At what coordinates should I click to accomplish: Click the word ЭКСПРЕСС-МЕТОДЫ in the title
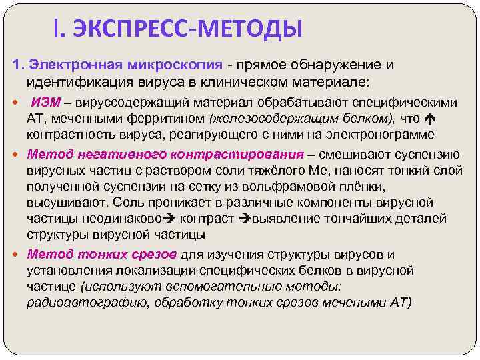tap(187, 29)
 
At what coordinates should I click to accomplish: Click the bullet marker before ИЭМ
tap(17, 103)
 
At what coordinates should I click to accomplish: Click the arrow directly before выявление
tap(243, 219)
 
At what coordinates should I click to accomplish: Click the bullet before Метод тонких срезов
tap(17, 255)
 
